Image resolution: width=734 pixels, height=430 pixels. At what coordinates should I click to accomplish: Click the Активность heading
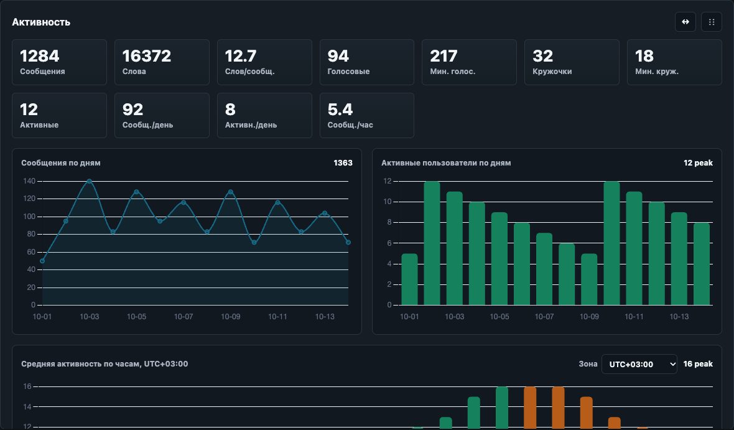(41, 22)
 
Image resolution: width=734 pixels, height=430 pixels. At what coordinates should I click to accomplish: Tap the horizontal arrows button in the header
(685, 22)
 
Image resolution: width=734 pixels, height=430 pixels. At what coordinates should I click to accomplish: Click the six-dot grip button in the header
(712, 22)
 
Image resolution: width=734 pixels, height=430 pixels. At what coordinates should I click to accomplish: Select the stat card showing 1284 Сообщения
(60, 62)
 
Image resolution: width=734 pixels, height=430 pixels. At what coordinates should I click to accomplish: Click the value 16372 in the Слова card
(147, 56)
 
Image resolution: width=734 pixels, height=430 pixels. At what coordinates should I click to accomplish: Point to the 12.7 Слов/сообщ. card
(264, 62)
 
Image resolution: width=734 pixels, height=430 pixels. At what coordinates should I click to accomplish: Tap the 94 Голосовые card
(367, 62)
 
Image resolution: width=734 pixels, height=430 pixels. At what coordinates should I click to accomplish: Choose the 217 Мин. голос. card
(469, 62)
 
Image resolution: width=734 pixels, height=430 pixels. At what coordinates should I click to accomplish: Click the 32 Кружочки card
(572, 62)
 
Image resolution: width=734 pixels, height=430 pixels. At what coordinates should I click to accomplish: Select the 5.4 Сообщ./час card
(367, 115)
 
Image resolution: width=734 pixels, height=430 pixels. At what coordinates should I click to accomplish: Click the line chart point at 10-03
(90, 181)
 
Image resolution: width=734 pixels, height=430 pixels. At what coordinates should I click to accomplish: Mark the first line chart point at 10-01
(42, 261)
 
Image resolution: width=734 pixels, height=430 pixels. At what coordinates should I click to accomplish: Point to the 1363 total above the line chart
(343, 163)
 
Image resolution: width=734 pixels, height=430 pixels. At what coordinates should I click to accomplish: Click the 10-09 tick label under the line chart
(230, 317)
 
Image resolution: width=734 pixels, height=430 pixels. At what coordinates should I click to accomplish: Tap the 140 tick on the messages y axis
(29, 181)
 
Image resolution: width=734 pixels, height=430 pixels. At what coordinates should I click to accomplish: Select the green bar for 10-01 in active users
(409, 279)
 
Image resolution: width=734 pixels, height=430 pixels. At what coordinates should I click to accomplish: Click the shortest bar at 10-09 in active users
(589, 279)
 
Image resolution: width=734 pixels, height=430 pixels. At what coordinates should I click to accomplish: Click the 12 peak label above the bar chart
(698, 163)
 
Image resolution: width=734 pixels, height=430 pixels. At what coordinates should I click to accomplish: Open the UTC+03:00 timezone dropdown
(639, 364)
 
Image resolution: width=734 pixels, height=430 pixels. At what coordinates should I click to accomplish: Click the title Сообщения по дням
(61, 163)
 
